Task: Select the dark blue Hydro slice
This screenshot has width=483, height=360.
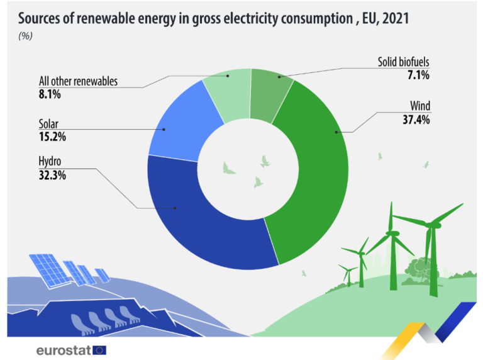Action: coord(201,227)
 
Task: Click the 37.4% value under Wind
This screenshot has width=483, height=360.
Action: coord(416,120)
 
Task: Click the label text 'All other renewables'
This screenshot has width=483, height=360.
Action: coord(78,82)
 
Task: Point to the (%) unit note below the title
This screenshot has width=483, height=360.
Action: coord(26,35)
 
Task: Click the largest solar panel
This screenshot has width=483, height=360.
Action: coord(47,268)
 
